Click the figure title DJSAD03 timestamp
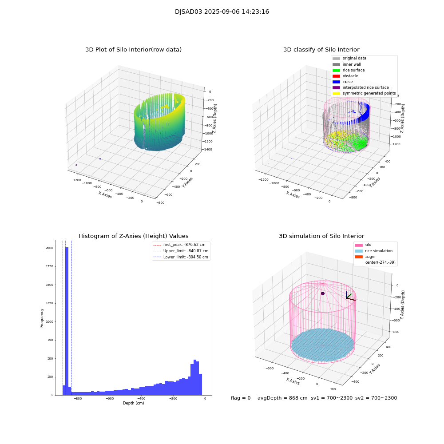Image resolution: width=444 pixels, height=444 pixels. (222, 12)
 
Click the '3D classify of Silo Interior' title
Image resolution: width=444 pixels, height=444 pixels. (321, 50)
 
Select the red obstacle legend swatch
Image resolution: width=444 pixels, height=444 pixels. (336, 76)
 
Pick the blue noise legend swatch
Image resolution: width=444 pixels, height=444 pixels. (336, 82)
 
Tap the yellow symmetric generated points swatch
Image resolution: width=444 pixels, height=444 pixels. (336, 93)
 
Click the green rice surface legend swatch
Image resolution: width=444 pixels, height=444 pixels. (336, 70)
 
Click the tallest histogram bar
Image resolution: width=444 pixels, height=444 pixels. (67, 320)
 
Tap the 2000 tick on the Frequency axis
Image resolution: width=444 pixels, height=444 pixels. (49, 248)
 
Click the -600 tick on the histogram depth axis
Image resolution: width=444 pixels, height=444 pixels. (110, 399)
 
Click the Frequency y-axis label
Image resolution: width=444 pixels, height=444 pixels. (42, 318)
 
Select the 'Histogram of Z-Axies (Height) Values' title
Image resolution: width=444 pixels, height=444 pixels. (133, 236)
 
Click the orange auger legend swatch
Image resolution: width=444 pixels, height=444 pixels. (358, 257)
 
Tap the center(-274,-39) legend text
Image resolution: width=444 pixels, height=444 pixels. (380, 262)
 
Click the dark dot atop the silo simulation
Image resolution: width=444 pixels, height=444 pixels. (323, 293)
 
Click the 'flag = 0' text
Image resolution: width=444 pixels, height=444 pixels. (241, 398)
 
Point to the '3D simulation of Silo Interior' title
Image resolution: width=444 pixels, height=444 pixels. (321, 236)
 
